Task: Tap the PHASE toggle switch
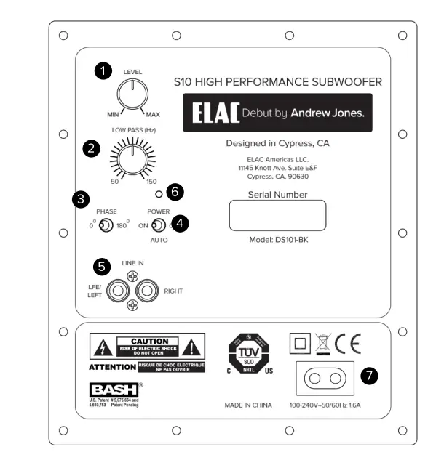(x=106, y=226)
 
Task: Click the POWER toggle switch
(x=157, y=225)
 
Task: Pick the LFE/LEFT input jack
(x=117, y=291)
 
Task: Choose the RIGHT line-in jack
(x=147, y=291)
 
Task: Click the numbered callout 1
(x=105, y=70)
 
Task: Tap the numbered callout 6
(x=175, y=192)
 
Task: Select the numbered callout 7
(x=370, y=376)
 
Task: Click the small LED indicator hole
(x=158, y=194)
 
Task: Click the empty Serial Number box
(x=277, y=216)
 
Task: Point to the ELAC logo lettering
(x=218, y=114)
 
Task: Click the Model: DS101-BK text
(x=277, y=238)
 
